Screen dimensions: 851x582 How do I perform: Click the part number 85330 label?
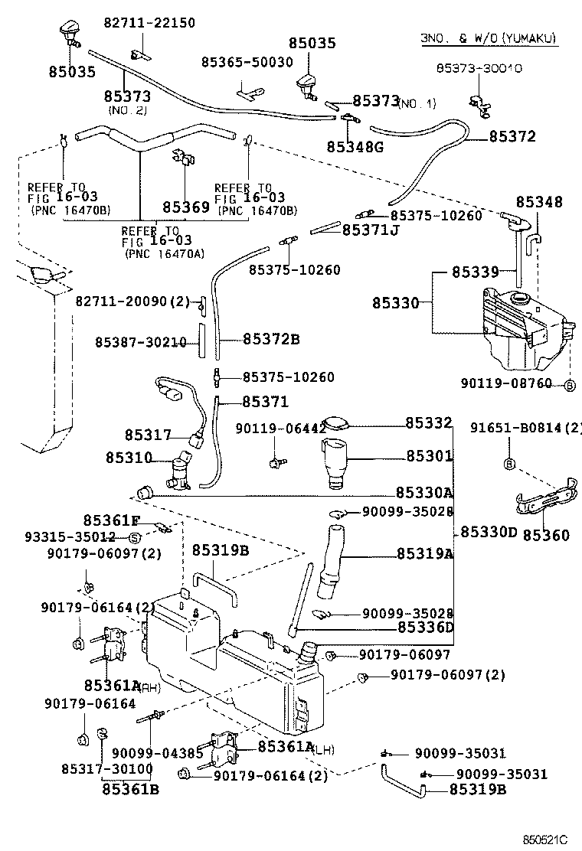(x=396, y=304)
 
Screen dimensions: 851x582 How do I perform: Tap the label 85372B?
(x=271, y=339)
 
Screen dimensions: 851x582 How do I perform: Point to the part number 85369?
(x=185, y=207)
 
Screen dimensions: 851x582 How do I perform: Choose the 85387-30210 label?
(x=141, y=343)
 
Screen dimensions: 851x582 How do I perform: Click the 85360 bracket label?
(x=546, y=535)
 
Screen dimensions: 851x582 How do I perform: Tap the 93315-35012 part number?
(x=60, y=536)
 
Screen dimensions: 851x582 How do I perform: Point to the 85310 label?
(x=128, y=458)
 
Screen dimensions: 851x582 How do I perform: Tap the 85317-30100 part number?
(x=108, y=768)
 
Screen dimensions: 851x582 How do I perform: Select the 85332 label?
(x=429, y=422)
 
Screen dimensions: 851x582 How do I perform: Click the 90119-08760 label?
(x=506, y=383)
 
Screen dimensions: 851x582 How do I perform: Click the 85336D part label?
(x=426, y=628)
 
